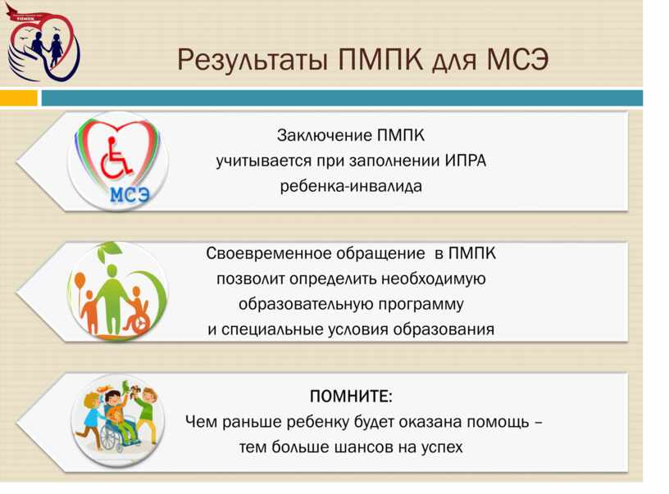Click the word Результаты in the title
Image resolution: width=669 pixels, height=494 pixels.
[x=253, y=60]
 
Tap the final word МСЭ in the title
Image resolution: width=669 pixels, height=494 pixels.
[x=517, y=59]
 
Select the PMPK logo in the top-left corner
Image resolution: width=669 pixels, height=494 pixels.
[x=43, y=43]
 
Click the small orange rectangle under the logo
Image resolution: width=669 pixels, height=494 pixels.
[x=18, y=98]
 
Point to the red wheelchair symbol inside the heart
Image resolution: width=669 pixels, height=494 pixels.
[x=116, y=158]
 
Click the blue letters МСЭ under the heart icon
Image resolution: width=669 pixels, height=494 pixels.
[x=130, y=195]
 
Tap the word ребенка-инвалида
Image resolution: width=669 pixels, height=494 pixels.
[x=351, y=186]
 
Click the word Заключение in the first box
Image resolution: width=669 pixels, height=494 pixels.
[x=325, y=135]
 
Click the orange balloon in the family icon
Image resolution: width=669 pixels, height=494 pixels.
[x=80, y=281]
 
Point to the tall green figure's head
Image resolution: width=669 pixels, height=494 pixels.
[x=111, y=270]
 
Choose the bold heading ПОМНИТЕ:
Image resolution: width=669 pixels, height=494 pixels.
[x=351, y=396]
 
